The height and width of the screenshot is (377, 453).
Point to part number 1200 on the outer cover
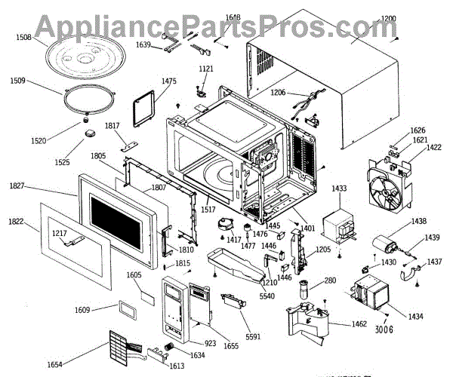click(x=387, y=18)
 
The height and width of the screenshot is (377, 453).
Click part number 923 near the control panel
click(x=210, y=342)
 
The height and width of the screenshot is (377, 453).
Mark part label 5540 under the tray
click(x=267, y=296)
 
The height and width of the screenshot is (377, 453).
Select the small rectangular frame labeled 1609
click(x=125, y=309)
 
